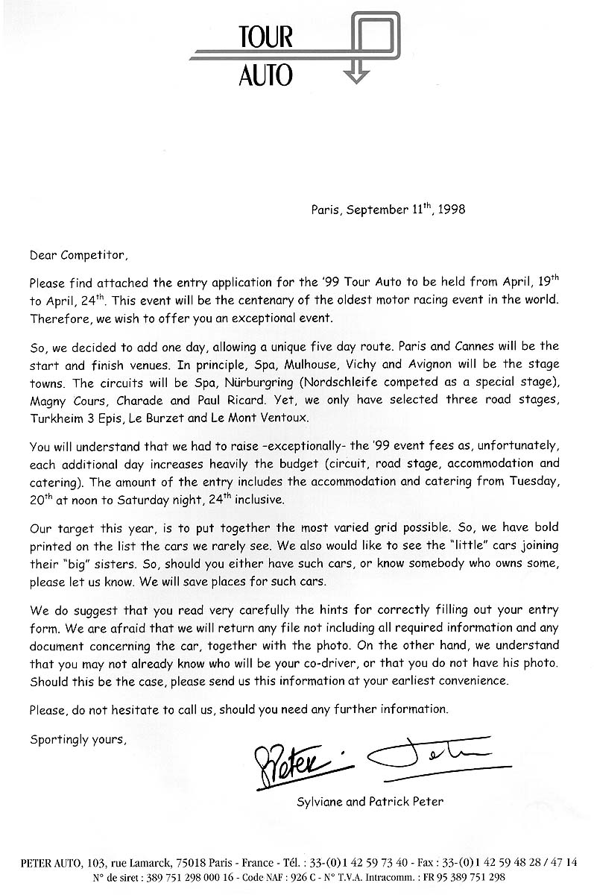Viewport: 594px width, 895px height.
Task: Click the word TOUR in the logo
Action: pyautogui.click(x=266, y=37)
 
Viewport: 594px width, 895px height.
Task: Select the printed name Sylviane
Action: pyautogui.click(x=320, y=802)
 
